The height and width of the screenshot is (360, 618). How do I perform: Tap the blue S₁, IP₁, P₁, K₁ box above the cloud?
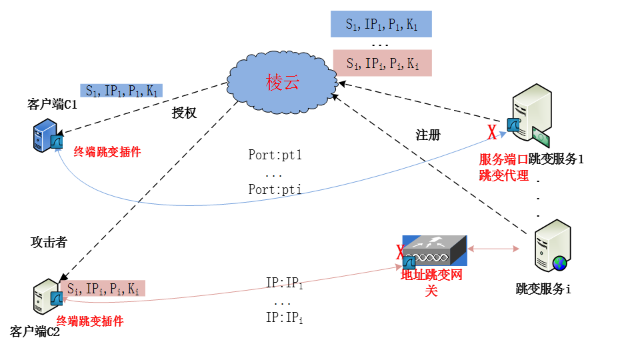point(381,25)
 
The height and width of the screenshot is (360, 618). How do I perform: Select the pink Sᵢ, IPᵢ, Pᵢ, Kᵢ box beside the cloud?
point(381,63)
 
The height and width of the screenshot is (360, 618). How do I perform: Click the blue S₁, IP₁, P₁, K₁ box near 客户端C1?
point(121,91)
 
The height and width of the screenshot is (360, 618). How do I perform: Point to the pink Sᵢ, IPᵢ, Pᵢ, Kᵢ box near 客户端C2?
point(105,288)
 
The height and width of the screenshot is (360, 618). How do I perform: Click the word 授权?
point(184,113)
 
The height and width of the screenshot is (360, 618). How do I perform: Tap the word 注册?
point(428,135)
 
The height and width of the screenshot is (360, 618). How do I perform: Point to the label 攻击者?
point(49,243)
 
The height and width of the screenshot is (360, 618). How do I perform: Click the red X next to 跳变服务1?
point(492,133)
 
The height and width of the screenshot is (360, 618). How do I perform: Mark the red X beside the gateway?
point(400,253)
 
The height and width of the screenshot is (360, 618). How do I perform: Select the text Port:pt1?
point(275,155)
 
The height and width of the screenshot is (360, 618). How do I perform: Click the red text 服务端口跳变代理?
point(504,168)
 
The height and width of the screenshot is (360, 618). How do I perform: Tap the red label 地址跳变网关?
point(431,283)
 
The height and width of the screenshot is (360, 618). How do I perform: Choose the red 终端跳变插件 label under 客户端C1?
point(107,151)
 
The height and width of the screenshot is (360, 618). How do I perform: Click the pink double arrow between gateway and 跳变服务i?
point(494,249)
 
